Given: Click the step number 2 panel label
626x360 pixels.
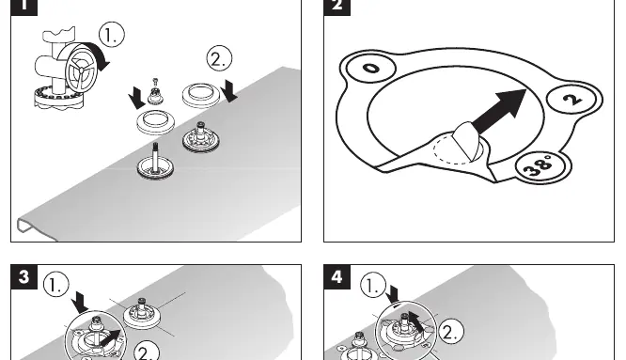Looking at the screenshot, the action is (x=336, y=7).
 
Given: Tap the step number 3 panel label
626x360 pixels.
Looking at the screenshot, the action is (x=23, y=276).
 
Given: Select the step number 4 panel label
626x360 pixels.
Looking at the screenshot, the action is (x=336, y=276).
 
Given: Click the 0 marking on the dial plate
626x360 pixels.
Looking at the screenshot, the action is (x=371, y=69).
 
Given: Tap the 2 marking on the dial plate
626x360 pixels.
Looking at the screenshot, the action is (x=573, y=99).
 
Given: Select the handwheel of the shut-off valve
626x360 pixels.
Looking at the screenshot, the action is (x=80, y=70).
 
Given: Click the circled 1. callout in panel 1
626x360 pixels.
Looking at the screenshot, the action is (x=112, y=35).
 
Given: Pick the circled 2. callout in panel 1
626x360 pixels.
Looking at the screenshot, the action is (x=219, y=58).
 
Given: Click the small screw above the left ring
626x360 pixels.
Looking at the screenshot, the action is (x=155, y=82).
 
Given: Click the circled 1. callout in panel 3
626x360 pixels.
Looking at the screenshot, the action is (x=55, y=284).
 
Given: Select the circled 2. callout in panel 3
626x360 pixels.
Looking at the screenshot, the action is (x=147, y=352).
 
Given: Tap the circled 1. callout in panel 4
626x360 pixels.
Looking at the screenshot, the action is (x=373, y=286).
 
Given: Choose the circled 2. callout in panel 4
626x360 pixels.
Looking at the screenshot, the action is (x=451, y=332).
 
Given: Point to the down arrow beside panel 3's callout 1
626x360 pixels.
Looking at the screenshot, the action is (x=80, y=302).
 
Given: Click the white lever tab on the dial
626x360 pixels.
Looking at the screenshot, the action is (x=465, y=140).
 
